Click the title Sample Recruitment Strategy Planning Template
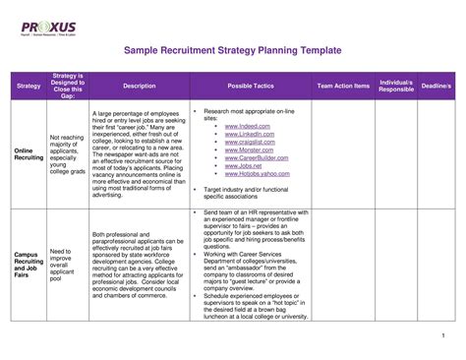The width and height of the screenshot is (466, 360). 232,50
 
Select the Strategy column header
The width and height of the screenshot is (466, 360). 29,86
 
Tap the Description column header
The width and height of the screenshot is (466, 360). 139,86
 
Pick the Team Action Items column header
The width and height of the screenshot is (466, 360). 343,86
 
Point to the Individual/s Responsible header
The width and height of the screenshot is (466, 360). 396,86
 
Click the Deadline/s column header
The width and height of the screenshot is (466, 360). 437,86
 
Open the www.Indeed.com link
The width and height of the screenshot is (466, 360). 246,126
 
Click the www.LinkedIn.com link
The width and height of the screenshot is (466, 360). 249,134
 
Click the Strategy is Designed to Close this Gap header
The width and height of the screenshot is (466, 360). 66,86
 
